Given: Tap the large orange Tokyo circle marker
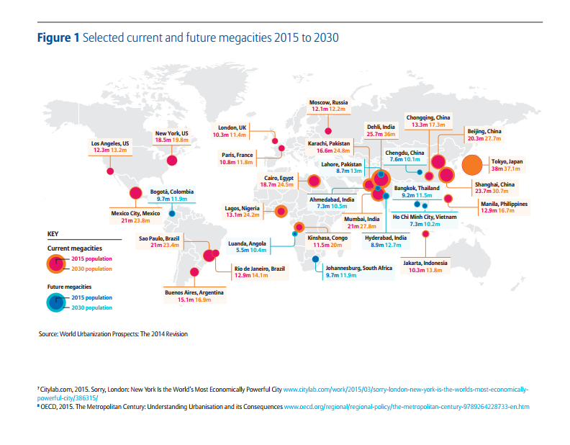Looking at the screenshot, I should (472, 166).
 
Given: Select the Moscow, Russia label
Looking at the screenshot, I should (329, 103).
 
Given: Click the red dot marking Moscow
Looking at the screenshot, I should (328, 131).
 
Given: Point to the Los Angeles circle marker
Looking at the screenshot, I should (110, 171).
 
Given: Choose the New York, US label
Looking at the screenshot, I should (171, 133).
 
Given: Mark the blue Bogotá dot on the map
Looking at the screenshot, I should (171, 213).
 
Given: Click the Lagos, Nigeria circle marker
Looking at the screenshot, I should (281, 212).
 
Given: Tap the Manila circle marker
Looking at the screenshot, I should (447, 197).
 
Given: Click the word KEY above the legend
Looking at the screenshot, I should (53, 234).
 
